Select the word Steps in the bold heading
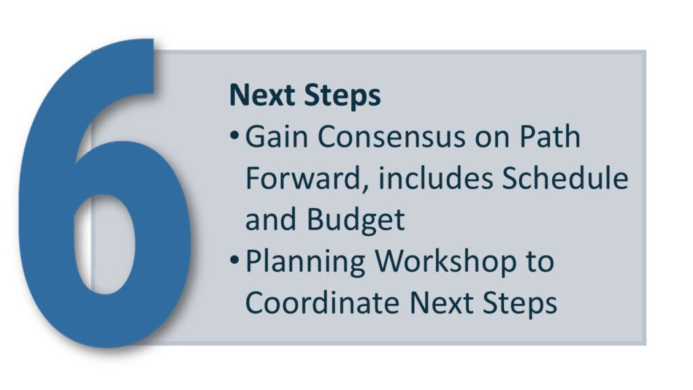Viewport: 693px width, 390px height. pos(342,95)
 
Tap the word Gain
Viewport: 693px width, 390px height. pos(276,136)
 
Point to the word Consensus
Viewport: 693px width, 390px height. pos(391,136)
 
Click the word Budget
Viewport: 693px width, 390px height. pos(355,220)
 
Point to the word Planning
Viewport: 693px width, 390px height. pos(305,262)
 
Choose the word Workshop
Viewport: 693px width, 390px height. pos(445,262)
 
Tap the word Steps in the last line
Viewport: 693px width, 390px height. pos(519,304)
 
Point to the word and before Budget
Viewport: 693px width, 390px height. pos(271,219)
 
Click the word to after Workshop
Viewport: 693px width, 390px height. pos(539,262)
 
